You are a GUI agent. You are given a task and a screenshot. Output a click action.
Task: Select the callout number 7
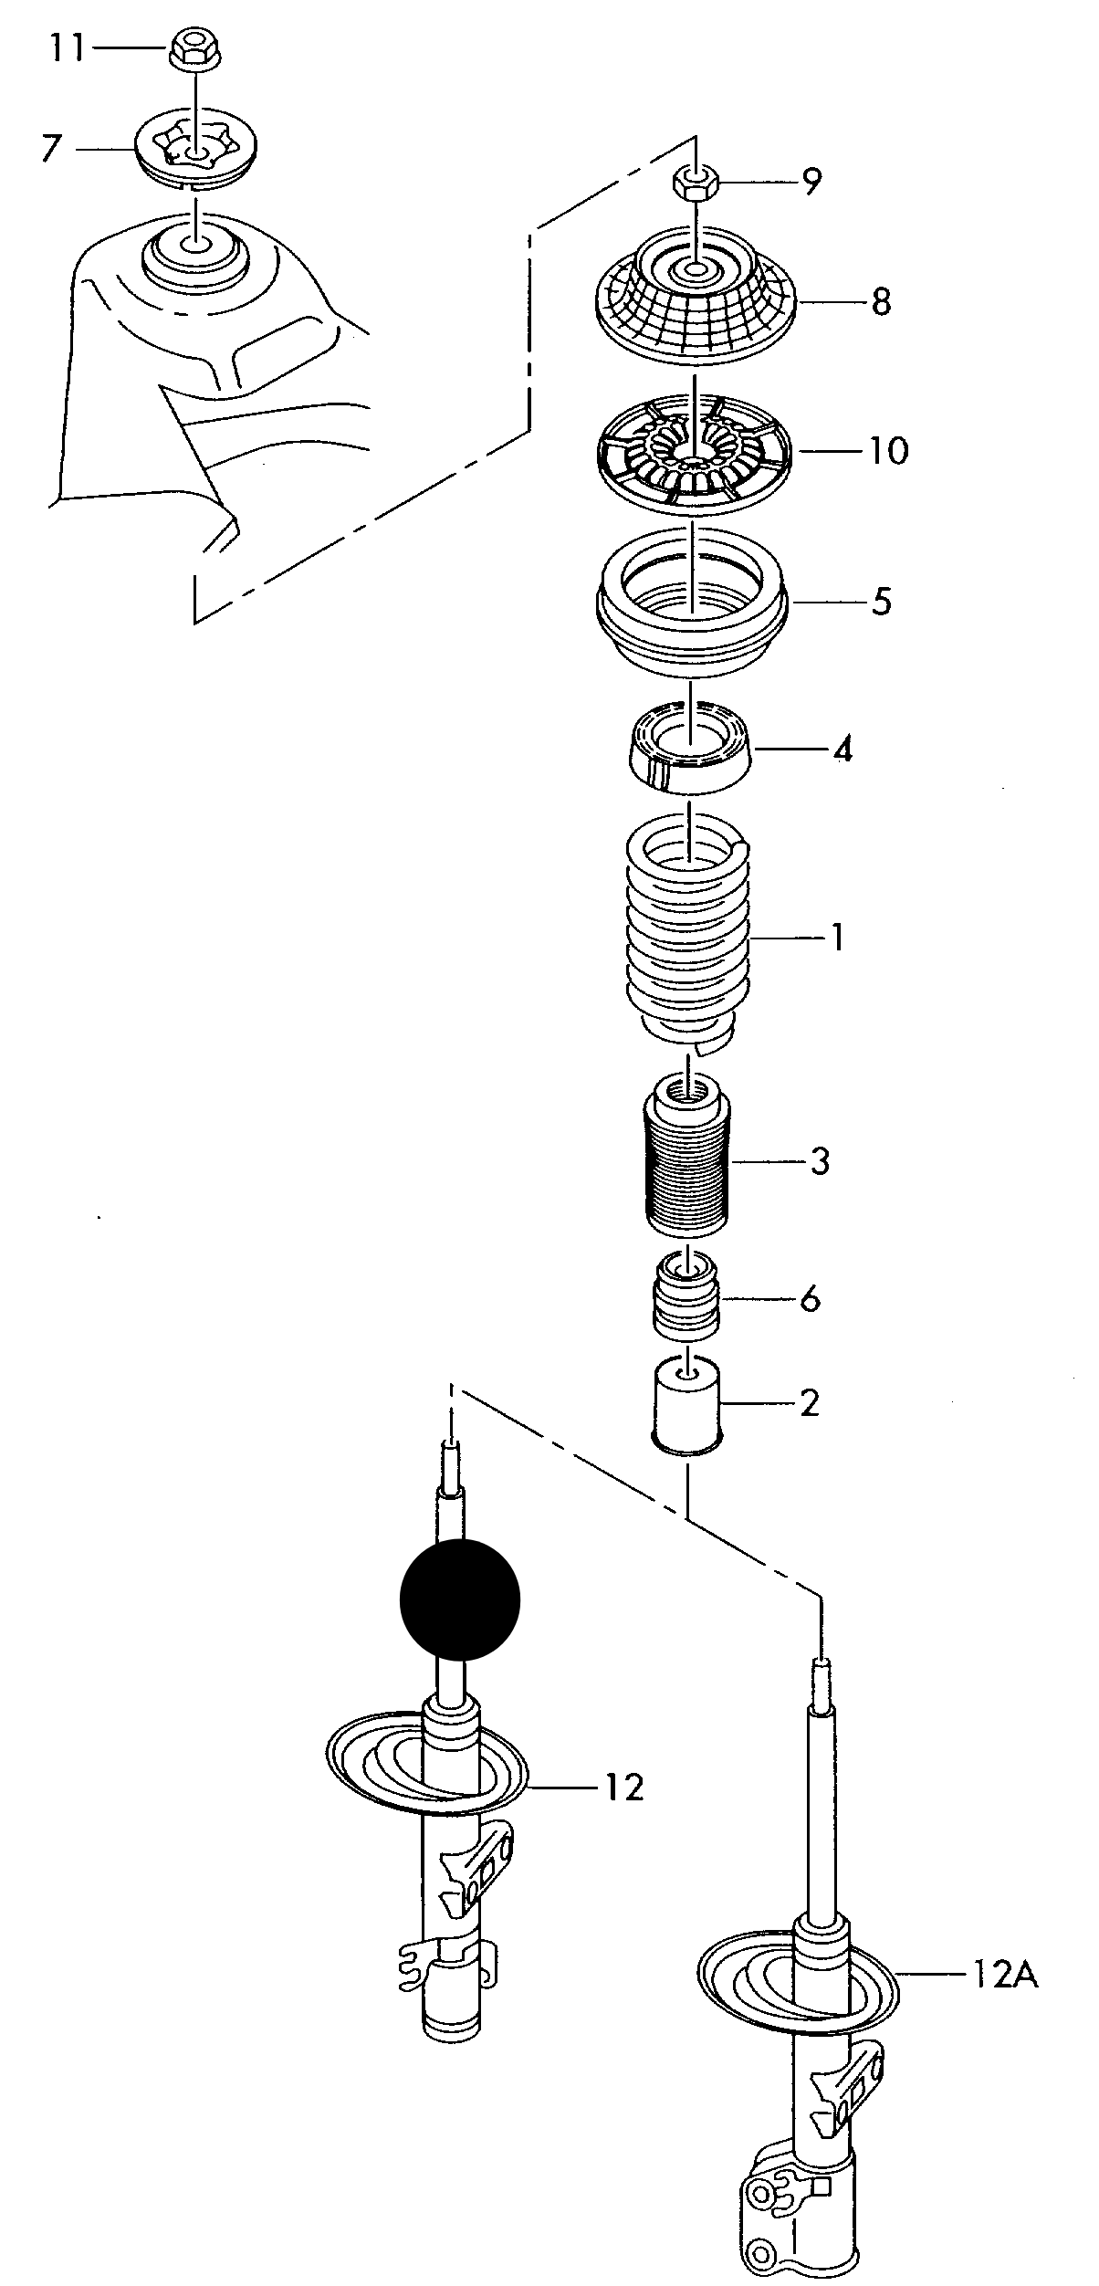pyautogui.click(x=52, y=149)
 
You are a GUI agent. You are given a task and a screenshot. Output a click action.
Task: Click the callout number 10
pyautogui.click(x=888, y=451)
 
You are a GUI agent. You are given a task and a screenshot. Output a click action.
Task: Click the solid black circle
pyautogui.click(x=460, y=1599)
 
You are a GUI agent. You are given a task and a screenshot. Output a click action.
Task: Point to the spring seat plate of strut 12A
pyautogui.click(x=796, y=1988)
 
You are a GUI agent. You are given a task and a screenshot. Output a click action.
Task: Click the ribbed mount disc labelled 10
pyautogui.click(x=692, y=450)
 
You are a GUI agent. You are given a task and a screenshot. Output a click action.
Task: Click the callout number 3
pyautogui.click(x=819, y=1162)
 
